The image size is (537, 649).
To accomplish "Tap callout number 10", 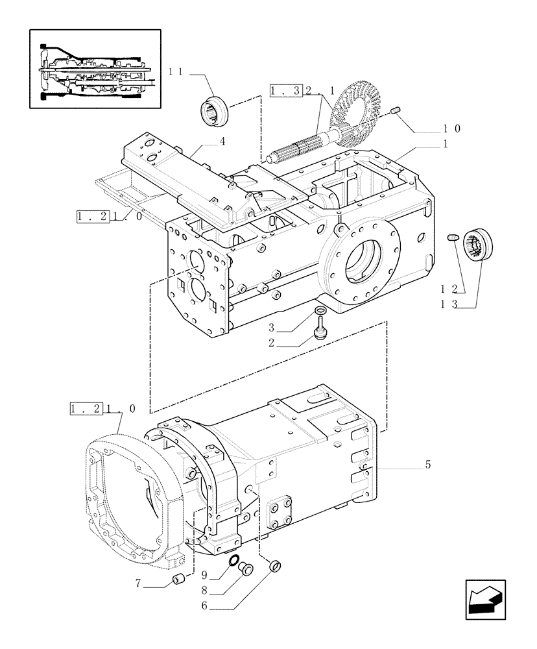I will pos(453,129).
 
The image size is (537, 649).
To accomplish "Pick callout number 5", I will pos(427,465).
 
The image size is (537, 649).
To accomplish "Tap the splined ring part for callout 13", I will pos(481,247).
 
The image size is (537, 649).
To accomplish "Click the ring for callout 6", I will pos(275,567).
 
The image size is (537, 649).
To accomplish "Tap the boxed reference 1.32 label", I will pos(286,92).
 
